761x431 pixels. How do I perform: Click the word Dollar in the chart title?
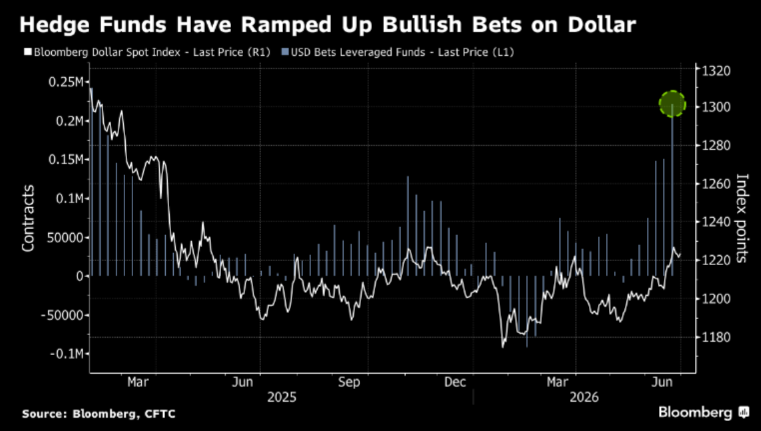click(x=602, y=25)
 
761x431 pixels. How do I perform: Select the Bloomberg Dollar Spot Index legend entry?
click(x=147, y=52)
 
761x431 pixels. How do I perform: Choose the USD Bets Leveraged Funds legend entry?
click(x=397, y=52)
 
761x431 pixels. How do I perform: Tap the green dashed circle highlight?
click(x=672, y=104)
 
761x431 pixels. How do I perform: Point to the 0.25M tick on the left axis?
click(x=66, y=82)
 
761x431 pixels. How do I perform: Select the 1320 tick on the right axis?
click(x=716, y=71)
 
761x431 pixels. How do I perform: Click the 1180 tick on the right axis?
click(x=716, y=337)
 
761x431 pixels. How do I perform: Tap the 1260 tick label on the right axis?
click(x=716, y=183)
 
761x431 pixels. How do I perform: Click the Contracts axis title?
click(x=28, y=218)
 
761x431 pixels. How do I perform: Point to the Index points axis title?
click(x=742, y=218)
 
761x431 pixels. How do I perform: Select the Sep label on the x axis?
click(x=349, y=382)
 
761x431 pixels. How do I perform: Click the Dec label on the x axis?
click(x=455, y=382)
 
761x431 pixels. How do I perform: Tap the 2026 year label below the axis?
click(x=584, y=398)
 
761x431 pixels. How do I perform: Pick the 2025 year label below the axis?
click(x=282, y=398)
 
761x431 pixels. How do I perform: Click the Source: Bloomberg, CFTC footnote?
click(x=99, y=414)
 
